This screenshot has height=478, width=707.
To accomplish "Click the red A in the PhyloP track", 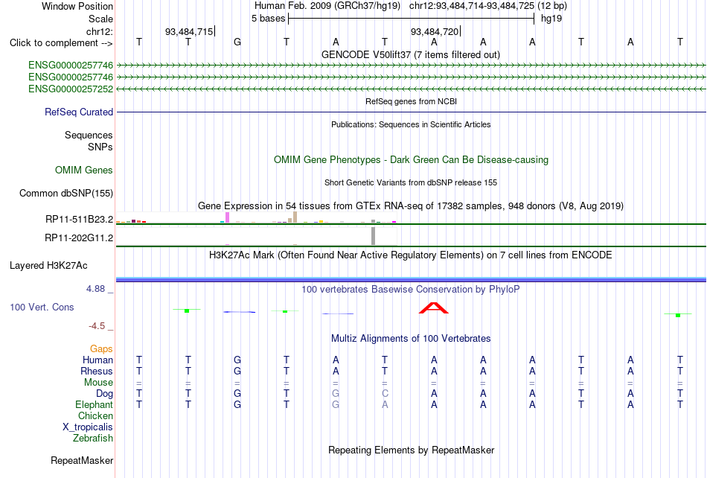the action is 434,307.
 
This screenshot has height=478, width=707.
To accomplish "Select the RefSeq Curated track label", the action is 79,112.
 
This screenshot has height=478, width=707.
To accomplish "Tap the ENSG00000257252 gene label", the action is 71,89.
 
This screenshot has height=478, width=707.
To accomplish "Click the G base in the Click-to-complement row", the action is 237,42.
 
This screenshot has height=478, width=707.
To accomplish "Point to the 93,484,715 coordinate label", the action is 189,31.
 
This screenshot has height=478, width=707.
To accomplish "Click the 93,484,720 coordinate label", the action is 434,31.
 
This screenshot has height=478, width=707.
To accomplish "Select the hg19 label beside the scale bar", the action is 551,19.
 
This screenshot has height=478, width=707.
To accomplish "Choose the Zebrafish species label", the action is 93,438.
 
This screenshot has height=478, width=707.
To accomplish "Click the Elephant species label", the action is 94,404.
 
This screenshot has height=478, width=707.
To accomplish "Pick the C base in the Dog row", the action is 385,393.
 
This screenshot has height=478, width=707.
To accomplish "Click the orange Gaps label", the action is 101,348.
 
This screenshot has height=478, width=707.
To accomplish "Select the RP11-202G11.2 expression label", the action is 79,238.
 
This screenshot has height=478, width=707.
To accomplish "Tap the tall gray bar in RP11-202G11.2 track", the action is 373,236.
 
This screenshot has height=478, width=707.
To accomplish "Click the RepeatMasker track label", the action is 82,460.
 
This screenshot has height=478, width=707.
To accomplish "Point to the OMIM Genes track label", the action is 84,170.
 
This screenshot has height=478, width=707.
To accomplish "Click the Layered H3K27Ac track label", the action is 48,266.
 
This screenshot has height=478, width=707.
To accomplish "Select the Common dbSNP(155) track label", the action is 66,193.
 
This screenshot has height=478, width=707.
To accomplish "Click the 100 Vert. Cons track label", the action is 42,307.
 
